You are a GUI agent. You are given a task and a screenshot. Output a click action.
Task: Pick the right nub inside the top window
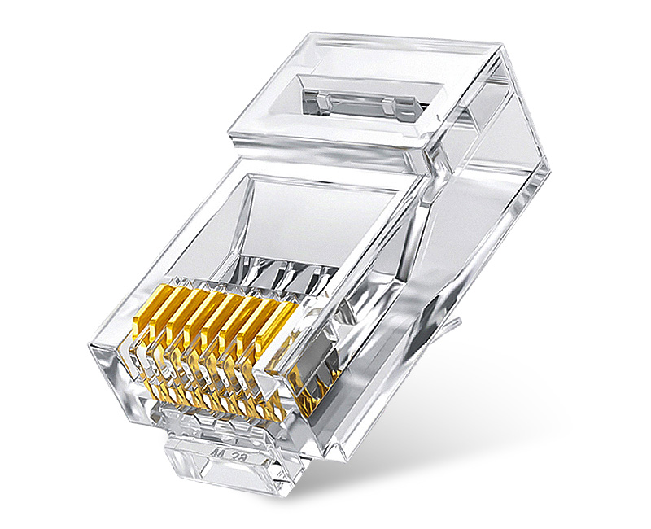(x=388, y=105)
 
